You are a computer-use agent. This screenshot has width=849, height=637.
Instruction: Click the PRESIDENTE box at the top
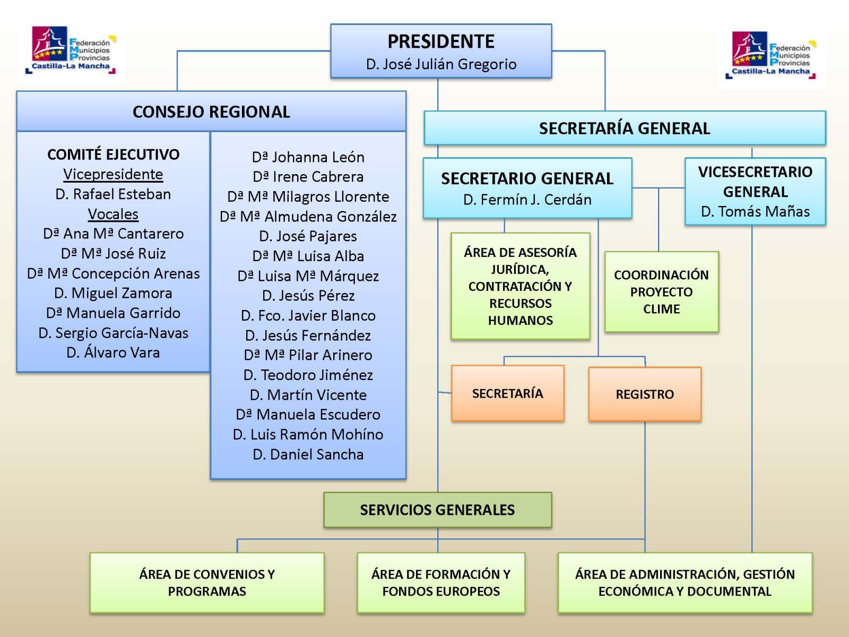441,51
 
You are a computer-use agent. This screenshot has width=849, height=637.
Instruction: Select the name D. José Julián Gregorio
441,64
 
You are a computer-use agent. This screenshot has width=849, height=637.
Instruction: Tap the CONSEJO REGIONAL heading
211,112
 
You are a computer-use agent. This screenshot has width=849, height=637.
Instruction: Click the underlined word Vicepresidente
113,175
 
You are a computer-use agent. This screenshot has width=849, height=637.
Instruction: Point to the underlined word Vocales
113,214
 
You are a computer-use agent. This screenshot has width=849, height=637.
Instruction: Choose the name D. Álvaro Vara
113,352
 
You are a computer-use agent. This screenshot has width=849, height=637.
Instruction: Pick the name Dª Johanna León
308,157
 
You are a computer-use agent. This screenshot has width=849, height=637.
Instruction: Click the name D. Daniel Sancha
308,454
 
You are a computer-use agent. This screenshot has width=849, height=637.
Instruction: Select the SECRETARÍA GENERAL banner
625,128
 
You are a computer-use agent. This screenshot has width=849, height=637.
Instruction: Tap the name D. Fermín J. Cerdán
527,200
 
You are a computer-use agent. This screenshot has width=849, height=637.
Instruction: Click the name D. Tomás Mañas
755,212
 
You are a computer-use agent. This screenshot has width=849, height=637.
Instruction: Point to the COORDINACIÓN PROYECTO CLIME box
661,291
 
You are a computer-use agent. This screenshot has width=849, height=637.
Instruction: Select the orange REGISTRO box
645,394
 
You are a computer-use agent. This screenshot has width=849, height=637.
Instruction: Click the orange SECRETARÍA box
507,393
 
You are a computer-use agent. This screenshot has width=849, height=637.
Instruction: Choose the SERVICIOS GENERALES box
437,510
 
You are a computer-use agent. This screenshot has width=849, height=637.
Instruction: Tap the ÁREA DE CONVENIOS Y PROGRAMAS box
207,583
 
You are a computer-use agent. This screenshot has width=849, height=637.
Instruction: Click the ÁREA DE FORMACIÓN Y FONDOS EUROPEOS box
441,583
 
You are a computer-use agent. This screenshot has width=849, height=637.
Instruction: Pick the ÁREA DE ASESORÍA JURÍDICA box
520,286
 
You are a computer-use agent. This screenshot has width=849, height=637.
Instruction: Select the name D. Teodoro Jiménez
308,375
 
